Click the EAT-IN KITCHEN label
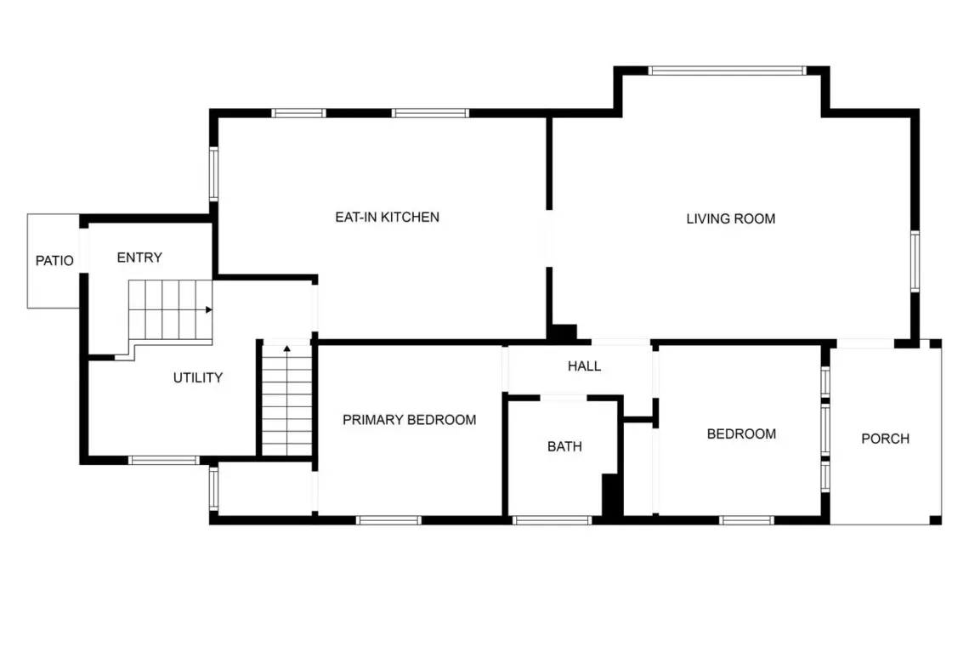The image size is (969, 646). tap(387, 217)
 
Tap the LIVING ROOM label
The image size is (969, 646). tap(730, 218)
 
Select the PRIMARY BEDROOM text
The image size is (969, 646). tap(409, 420)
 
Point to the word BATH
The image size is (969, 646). tap(564, 446)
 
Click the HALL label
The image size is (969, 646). tap(584, 366)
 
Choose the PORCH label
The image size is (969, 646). tap(885, 439)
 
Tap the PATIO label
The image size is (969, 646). tap(54, 261)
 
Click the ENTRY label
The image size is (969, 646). tap(139, 258)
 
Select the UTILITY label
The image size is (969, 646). tap(198, 377)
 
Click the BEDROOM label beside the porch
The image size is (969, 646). tap(741, 434)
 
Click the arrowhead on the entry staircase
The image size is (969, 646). tap(209, 309)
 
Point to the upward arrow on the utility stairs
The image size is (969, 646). tap(286, 348)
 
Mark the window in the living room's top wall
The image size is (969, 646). tap(727, 71)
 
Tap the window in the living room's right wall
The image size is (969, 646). tap(915, 261)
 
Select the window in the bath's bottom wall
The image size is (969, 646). tap(552, 520)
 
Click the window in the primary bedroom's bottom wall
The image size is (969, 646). tap(388, 520)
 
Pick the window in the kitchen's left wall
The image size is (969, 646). tap(214, 173)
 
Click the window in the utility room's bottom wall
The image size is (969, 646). tap(164, 460)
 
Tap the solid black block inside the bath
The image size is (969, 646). tap(611, 495)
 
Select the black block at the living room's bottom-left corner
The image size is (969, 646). tap(563, 332)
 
